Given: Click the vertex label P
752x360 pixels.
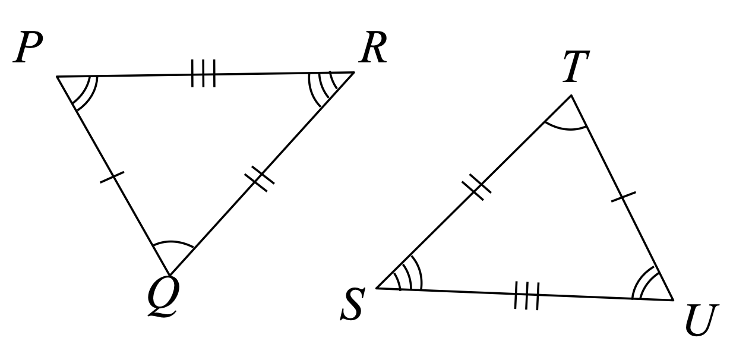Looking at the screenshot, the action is point(28,47).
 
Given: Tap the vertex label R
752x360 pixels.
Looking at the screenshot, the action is point(372,47).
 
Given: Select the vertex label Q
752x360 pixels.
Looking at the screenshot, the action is point(163,297).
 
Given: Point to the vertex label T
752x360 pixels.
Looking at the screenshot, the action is point(576,67).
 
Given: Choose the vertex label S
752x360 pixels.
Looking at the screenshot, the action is point(352,304).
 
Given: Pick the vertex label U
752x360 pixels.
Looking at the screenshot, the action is point(702,320).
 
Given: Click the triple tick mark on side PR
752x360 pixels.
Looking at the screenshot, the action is point(203,73).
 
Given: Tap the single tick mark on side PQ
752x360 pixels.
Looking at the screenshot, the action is point(112,177).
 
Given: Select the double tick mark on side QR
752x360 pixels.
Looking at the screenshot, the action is point(259,179).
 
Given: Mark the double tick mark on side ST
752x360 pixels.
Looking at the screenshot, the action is point(476,187).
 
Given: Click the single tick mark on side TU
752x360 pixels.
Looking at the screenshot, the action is point(624,197).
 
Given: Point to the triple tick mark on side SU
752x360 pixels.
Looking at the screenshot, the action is point(527,295).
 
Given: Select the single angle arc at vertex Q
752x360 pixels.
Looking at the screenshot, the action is point(173,242).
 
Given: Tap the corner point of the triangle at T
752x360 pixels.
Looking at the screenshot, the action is point(571,96).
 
